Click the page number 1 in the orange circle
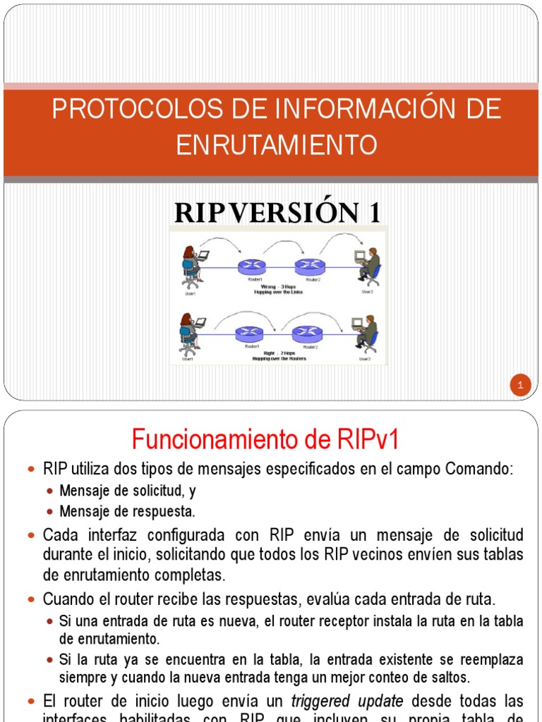tap(519, 385)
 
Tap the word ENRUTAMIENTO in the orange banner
tap(276, 145)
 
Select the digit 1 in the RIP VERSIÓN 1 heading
tap(372, 212)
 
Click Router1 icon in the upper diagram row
tap(251, 267)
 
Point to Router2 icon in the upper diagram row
tap(309, 267)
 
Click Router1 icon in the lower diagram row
tap(248, 333)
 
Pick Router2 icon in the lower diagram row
tap(306, 333)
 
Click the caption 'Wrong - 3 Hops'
tap(277, 287)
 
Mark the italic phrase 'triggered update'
tap(347, 701)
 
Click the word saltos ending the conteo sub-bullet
tap(449, 678)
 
